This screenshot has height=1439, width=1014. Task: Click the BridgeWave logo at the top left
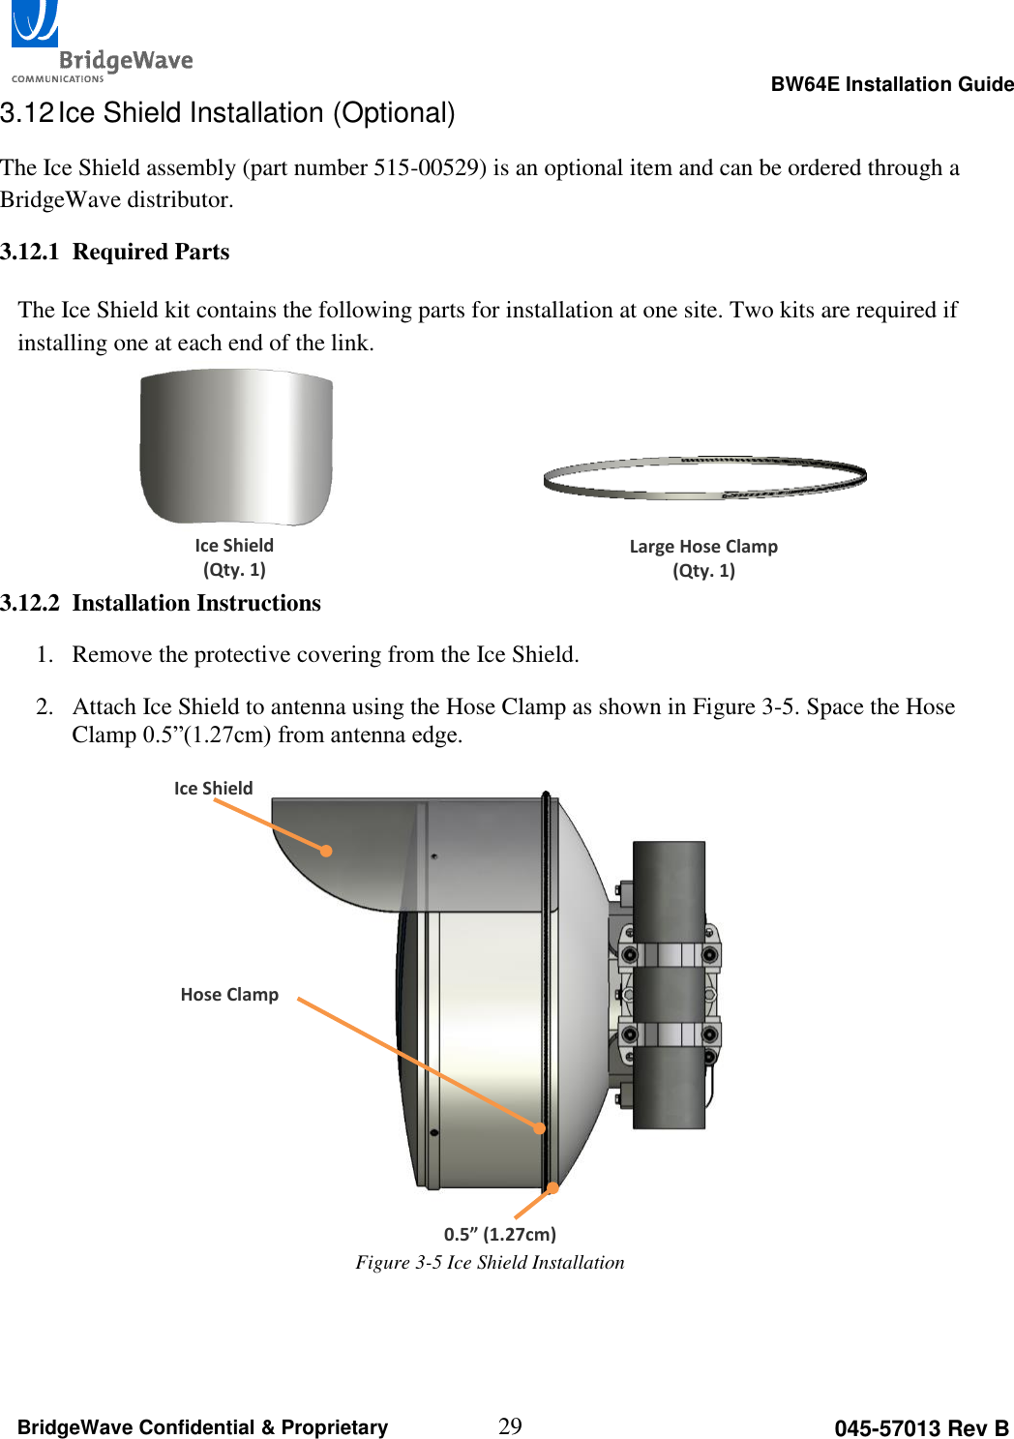tap(101, 44)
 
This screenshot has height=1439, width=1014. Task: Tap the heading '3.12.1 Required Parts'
tap(115, 252)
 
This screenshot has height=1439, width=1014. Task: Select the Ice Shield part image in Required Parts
tap(236, 447)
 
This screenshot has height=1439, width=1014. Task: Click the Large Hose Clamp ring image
tap(704, 478)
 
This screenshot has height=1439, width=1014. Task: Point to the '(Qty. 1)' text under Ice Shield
tap(234, 570)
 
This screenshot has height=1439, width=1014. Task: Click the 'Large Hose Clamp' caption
tap(703, 547)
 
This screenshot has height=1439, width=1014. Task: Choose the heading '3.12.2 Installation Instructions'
tap(161, 603)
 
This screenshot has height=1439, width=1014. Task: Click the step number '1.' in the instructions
tap(45, 655)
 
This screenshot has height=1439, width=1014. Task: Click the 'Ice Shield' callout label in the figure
tap(213, 789)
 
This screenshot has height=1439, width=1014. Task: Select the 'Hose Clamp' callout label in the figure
tap(229, 995)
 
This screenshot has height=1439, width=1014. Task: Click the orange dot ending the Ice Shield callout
tap(327, 851)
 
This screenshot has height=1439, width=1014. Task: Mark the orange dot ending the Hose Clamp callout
tap(540, 1127)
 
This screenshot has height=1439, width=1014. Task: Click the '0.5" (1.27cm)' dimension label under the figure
tap(500, 1234)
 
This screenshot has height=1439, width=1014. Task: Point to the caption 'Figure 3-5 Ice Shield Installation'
tap(490, 1263)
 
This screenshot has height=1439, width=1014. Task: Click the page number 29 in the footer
tap(510, 1425)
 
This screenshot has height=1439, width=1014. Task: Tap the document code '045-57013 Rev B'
tap(921, 1428)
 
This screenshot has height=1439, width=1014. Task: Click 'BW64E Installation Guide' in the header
tap(891, 84)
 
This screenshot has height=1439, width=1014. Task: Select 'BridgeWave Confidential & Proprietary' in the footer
tap(202, 1427)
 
